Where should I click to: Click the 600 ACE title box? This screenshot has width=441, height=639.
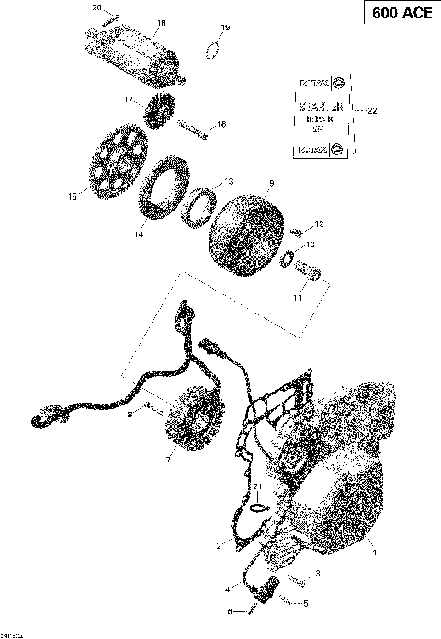tap(401, 14)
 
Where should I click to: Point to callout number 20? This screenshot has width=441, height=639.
tap(97, 7)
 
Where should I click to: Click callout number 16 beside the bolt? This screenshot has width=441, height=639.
tap(220, 123)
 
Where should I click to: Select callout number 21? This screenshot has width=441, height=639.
tap(259, 486)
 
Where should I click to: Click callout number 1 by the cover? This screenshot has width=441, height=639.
tap(373, 553)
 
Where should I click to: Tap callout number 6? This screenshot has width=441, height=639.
tap(229, 610)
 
